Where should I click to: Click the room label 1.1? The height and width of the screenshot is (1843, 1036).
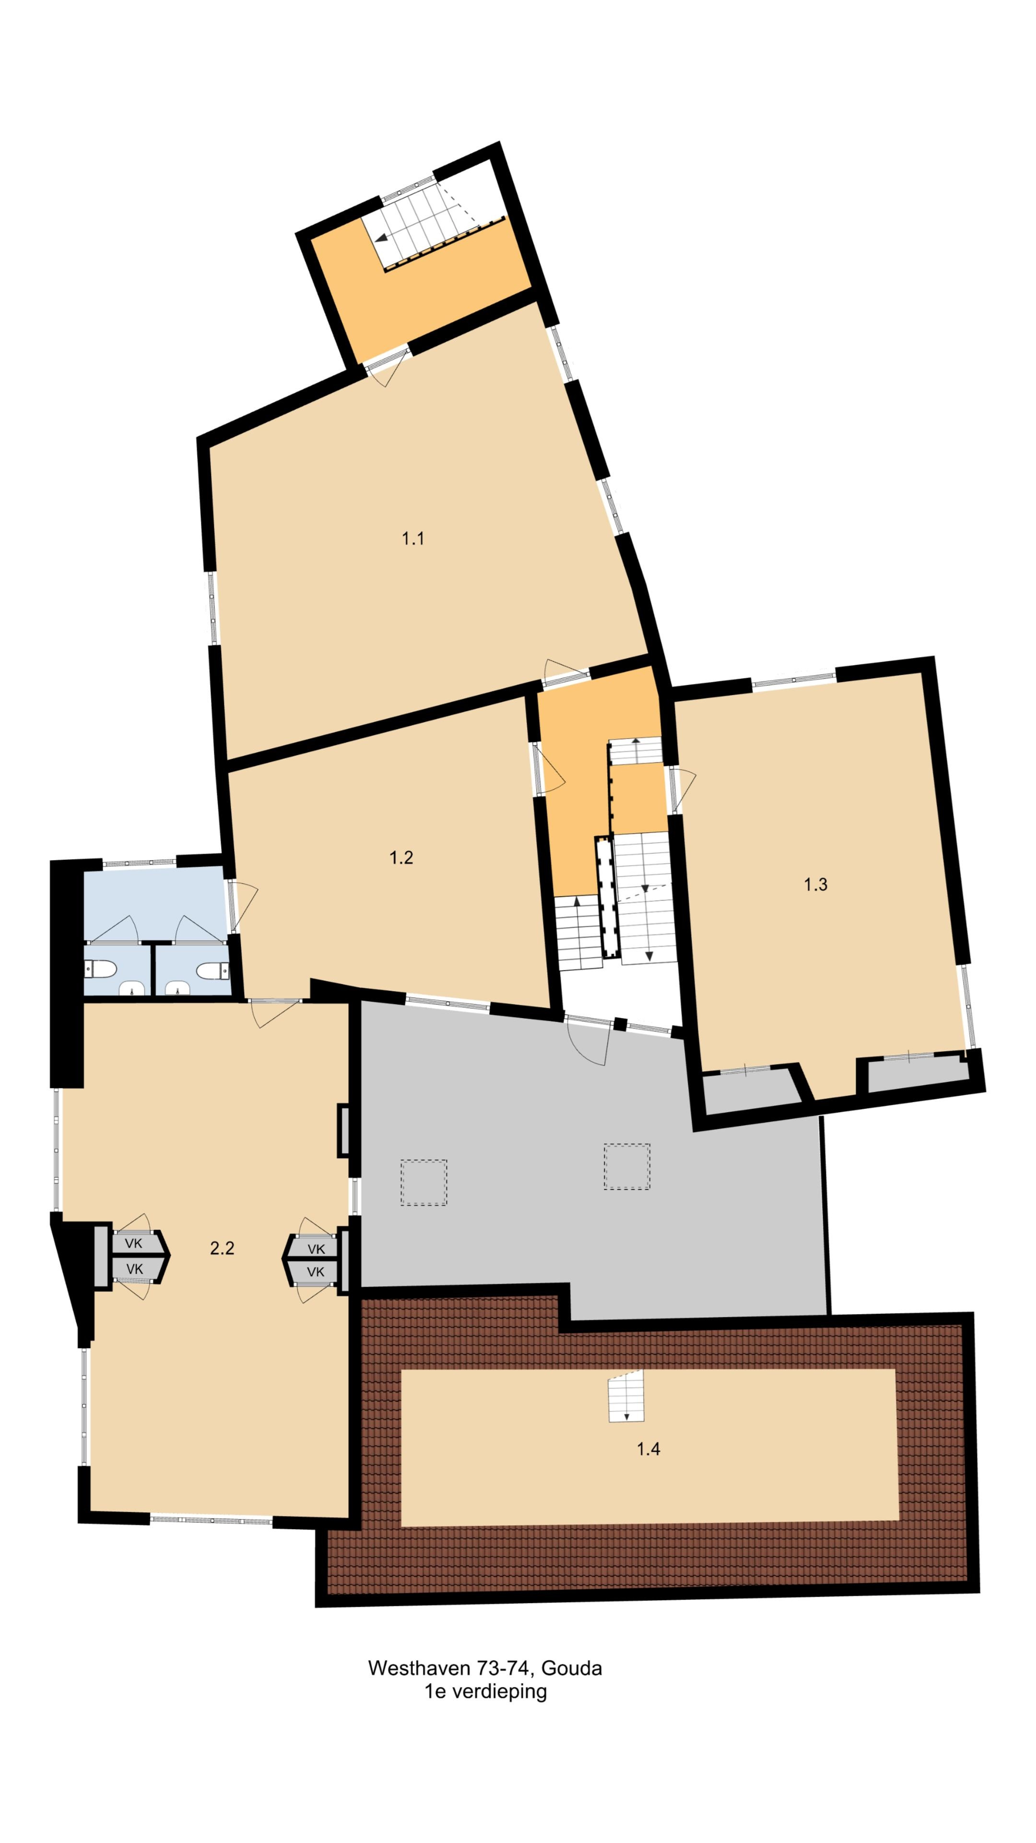pyautogui.click(x=412, y=539)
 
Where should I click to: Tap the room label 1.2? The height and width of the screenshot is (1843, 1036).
pyautogui.click(x=401, y=857)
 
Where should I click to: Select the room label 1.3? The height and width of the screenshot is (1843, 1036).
pyautogui.click(x=815, y=884)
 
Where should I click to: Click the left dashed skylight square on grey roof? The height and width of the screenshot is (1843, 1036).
pyautogui.click(x=423, y=1183)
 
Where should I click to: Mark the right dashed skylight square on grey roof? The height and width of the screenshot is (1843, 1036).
pyautogui.click(x=626, y=1166)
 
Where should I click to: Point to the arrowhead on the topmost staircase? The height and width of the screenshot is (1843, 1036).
pyautogui.click(x=382, y=238)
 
